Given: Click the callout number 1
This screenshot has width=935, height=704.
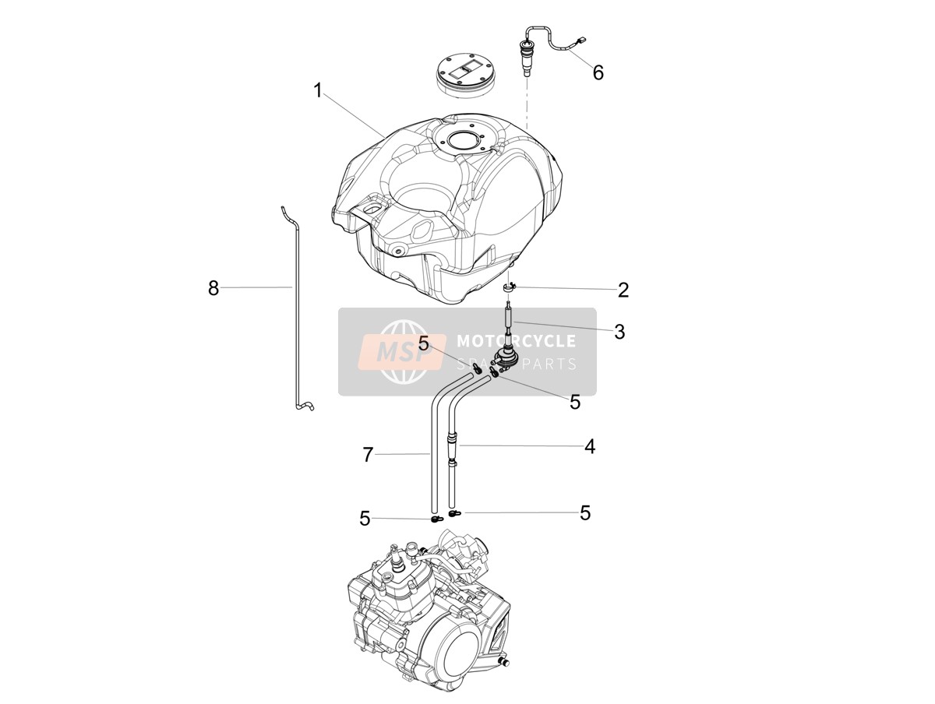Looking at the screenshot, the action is pyautogui.click(x=318, y=90).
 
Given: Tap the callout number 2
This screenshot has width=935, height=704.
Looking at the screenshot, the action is pyautogui.click(x=623, y=290).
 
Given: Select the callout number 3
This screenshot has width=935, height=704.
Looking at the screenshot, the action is pyautogui.click(x=619, y=332).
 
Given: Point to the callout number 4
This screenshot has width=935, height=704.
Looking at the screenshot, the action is pyautogui.click(x=590, y=446).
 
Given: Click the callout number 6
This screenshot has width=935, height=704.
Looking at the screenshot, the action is pyautogui.click(x=598, y=72).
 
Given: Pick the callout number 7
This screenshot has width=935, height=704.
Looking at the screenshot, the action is pyautogui.click(x=368, y=455).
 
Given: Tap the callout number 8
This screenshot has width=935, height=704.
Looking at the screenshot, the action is pyautogui.click(x=213, y=288).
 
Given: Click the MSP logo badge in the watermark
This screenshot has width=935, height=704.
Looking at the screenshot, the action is pyautogui.click(x=402, y=351).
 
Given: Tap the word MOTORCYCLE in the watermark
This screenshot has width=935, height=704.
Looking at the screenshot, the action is pyautogui.click(x=517, y=341).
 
